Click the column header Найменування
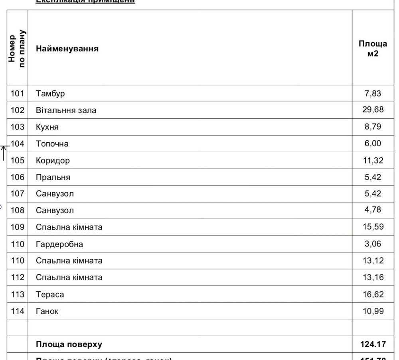[x=67, y=50]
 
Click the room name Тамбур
[x=50, y=94]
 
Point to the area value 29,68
[x=373, y=110]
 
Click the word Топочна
[x=52, y=144]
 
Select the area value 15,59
[x=373, y=226]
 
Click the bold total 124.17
[x=373, y=344]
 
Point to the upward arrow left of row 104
[x=4, y=153]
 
